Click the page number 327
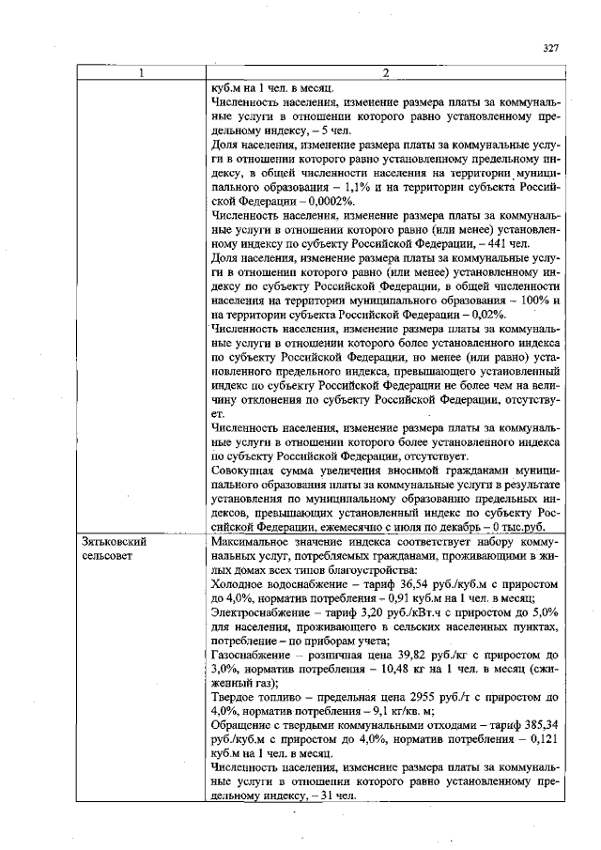coord(551,49)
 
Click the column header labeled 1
coord(142,73)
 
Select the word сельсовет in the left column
coord(108,556)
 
